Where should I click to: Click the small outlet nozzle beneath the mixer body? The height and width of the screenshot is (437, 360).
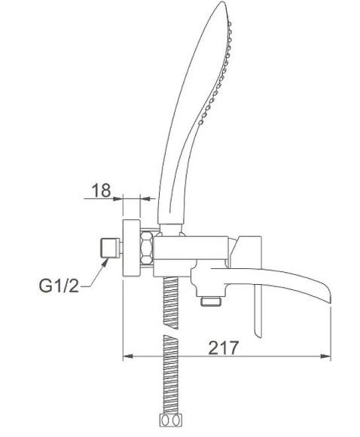212,301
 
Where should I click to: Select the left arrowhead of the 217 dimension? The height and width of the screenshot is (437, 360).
127,356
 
